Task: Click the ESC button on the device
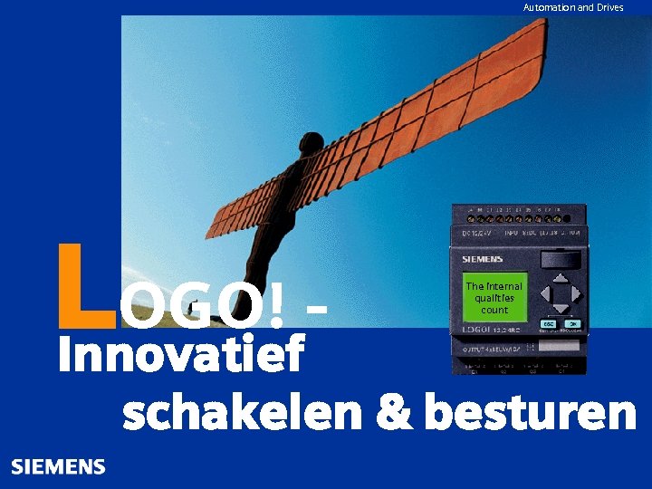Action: point(549,323)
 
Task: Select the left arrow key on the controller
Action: point(546,294)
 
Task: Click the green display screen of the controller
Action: point(494,296)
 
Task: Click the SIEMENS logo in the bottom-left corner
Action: point(58,467)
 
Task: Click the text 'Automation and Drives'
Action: point(573,7)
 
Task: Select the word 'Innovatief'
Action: point(181,354)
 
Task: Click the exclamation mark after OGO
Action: point(275,305)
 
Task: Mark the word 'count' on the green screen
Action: point(494,310)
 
